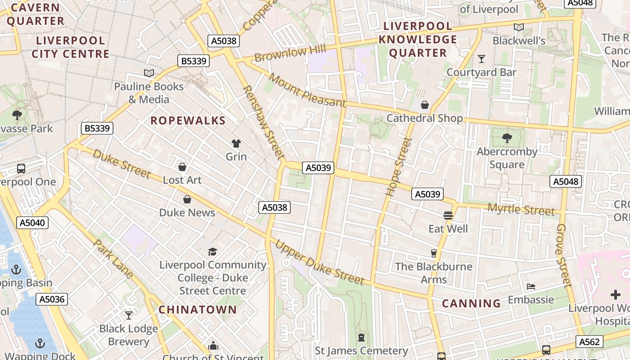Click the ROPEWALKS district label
click(x=188, y=121)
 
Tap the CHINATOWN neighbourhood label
click(x=198, y=310)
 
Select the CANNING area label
click(x=471, y=303)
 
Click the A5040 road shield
click(x=33, y=222)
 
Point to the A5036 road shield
click(x=52, y=299)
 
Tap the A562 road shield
click(x=589, y=342)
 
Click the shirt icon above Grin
click(x=236, y=144)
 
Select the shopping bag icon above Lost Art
click(x=182, y=167)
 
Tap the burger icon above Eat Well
click(x=448, y=216)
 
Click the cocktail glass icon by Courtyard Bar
click(x=481, y=59)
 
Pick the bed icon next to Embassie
click(x=531, y=287)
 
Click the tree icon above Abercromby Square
click(x=507, y=138)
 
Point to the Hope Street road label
click(x=393, y=167)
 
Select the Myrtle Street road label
click(x=521, y=209)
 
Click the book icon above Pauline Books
click(x=148, y=73)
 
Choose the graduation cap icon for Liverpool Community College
click(x=212, y=252)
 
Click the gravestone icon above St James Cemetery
click(x=361, y=337)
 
